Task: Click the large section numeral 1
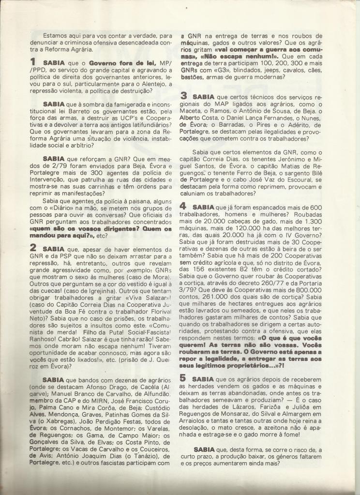tap(33, 62)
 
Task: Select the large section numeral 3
tap(184, 95)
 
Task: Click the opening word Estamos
tap(56, 35)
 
